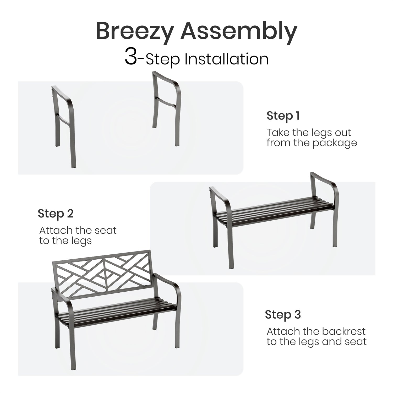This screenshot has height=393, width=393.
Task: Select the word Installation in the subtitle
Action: click(x=227, y=59)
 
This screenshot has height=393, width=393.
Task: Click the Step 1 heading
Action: click(x=283, y=116)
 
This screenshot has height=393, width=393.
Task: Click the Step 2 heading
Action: click(x=56, y=214)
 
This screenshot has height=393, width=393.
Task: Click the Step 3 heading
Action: click(x=283, y=314)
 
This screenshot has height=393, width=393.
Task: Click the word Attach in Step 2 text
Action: click(x=56, y=231)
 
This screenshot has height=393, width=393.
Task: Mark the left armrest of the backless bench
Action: click(x=220, y=199)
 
